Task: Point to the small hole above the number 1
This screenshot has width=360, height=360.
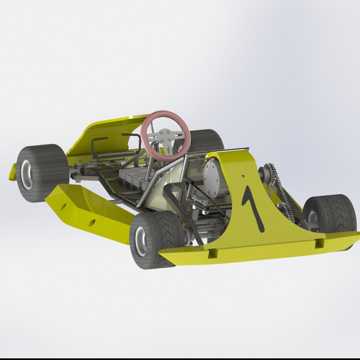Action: tap(243, 176)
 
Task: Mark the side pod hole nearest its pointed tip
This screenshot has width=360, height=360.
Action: tap(63, 206)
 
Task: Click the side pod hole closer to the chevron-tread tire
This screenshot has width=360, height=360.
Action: tap(92, 222)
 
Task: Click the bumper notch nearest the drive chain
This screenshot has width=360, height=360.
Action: tap(319, 243)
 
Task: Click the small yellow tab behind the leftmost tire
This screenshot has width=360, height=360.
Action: tap(13, 172)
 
